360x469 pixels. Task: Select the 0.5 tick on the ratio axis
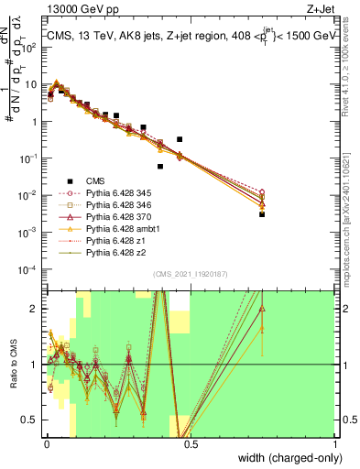click(x=32, y=420)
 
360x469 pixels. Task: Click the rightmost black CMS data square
click(x=262, y=214)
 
